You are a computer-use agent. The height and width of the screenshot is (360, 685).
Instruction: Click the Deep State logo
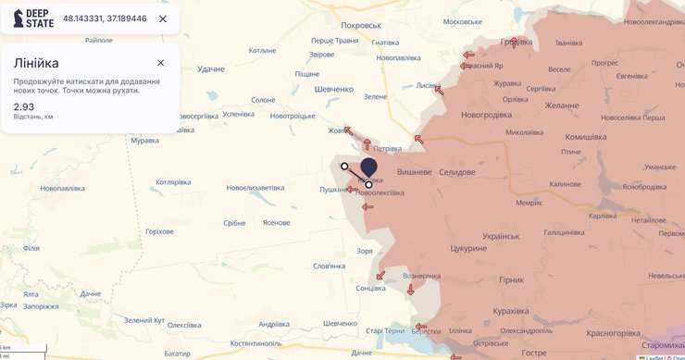tap(33, 19)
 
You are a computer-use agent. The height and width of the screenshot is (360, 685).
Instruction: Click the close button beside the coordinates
tap(163, 19)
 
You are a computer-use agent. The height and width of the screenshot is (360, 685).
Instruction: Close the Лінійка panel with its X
tap(160, 63)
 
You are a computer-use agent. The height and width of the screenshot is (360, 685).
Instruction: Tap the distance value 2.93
tap(24, 106)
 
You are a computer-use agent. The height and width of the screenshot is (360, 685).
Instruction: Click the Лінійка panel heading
tap(36, 63)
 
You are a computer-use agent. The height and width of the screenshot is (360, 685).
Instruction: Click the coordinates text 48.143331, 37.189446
tap(105, 19)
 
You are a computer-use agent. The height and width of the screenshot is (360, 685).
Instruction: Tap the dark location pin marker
tap(368, 168)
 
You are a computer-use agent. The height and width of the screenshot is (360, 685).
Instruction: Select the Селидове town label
tap(456, 173)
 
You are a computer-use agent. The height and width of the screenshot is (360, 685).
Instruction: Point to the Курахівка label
tap(517, 311)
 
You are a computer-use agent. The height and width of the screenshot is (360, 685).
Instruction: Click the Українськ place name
tap(501, 236)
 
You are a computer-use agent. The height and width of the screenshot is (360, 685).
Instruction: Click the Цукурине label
tap(467, 249)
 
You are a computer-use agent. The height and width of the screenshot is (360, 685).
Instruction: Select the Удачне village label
tap(211, 69)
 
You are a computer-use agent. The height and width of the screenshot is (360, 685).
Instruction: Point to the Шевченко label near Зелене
tap(334, 89)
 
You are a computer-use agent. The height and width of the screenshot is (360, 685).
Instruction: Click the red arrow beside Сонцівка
tap(380, 275)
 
